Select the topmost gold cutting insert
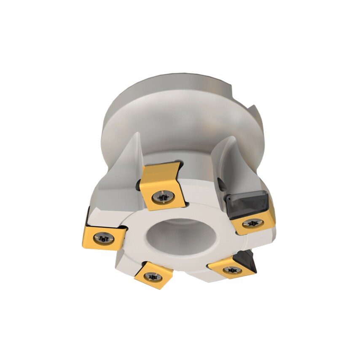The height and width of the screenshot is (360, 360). click(161, 185)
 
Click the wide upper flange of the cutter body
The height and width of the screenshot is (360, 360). click(177, 105)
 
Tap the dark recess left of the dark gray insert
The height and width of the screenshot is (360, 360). click(220, 182)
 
